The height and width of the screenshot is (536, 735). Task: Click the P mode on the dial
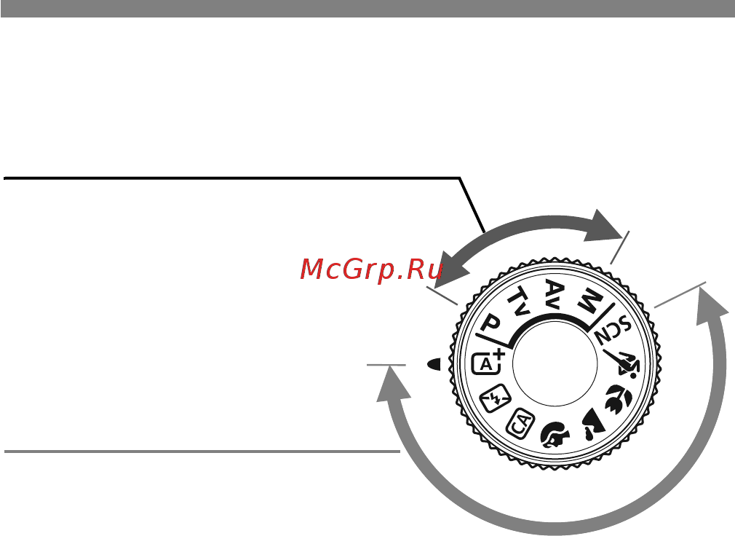490,323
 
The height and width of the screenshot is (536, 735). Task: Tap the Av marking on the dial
555,292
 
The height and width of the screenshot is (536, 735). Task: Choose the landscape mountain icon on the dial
592,424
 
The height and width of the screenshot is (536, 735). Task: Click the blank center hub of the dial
555,363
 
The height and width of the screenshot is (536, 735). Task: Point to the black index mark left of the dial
434,364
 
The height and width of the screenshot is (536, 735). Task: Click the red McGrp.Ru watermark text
371,269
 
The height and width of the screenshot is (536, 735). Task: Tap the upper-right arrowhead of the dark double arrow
603,225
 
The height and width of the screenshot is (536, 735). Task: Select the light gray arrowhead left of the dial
392,385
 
